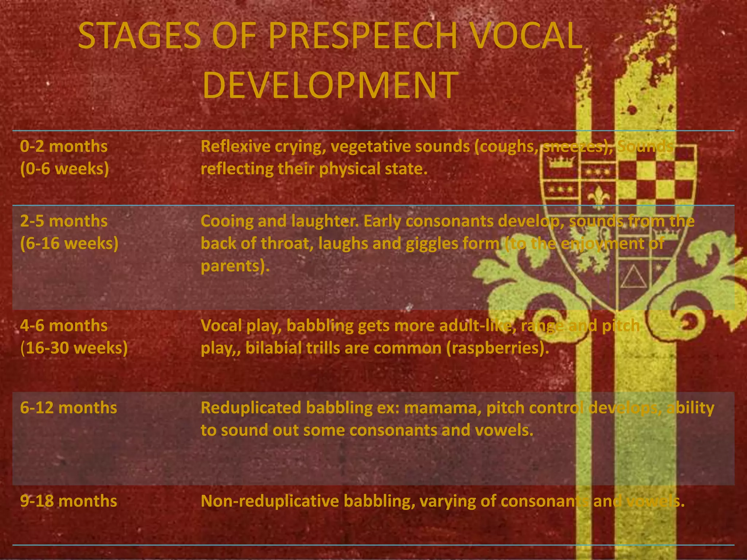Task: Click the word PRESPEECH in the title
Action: [x=363, y=36]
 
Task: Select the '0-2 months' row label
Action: [x=64, y=147]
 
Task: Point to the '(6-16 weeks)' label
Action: [x=69, y=244]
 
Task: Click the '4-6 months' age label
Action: [x=64, y=326]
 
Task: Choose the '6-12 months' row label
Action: [x=69, y=408]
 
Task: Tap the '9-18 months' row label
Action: [x=69, y=501]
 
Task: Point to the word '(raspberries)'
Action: [x=498, y=348]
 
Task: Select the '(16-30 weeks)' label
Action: [x=74, y=348]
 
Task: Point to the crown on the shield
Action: [x=562, y=162]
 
